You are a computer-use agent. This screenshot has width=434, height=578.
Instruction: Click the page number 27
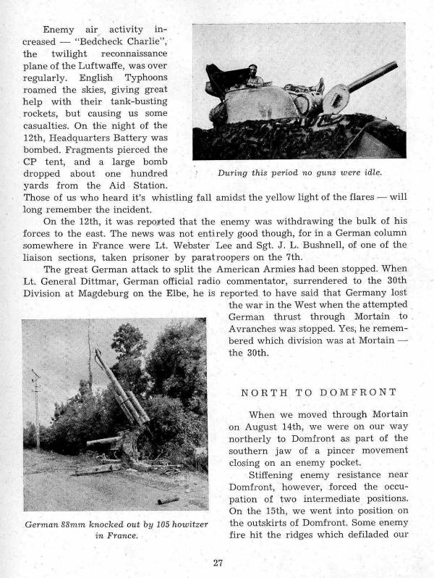(217, 562)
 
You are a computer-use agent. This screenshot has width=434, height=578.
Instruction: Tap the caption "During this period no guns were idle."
(299, 173)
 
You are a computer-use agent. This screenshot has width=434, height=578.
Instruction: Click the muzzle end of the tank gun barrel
(395, 66)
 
